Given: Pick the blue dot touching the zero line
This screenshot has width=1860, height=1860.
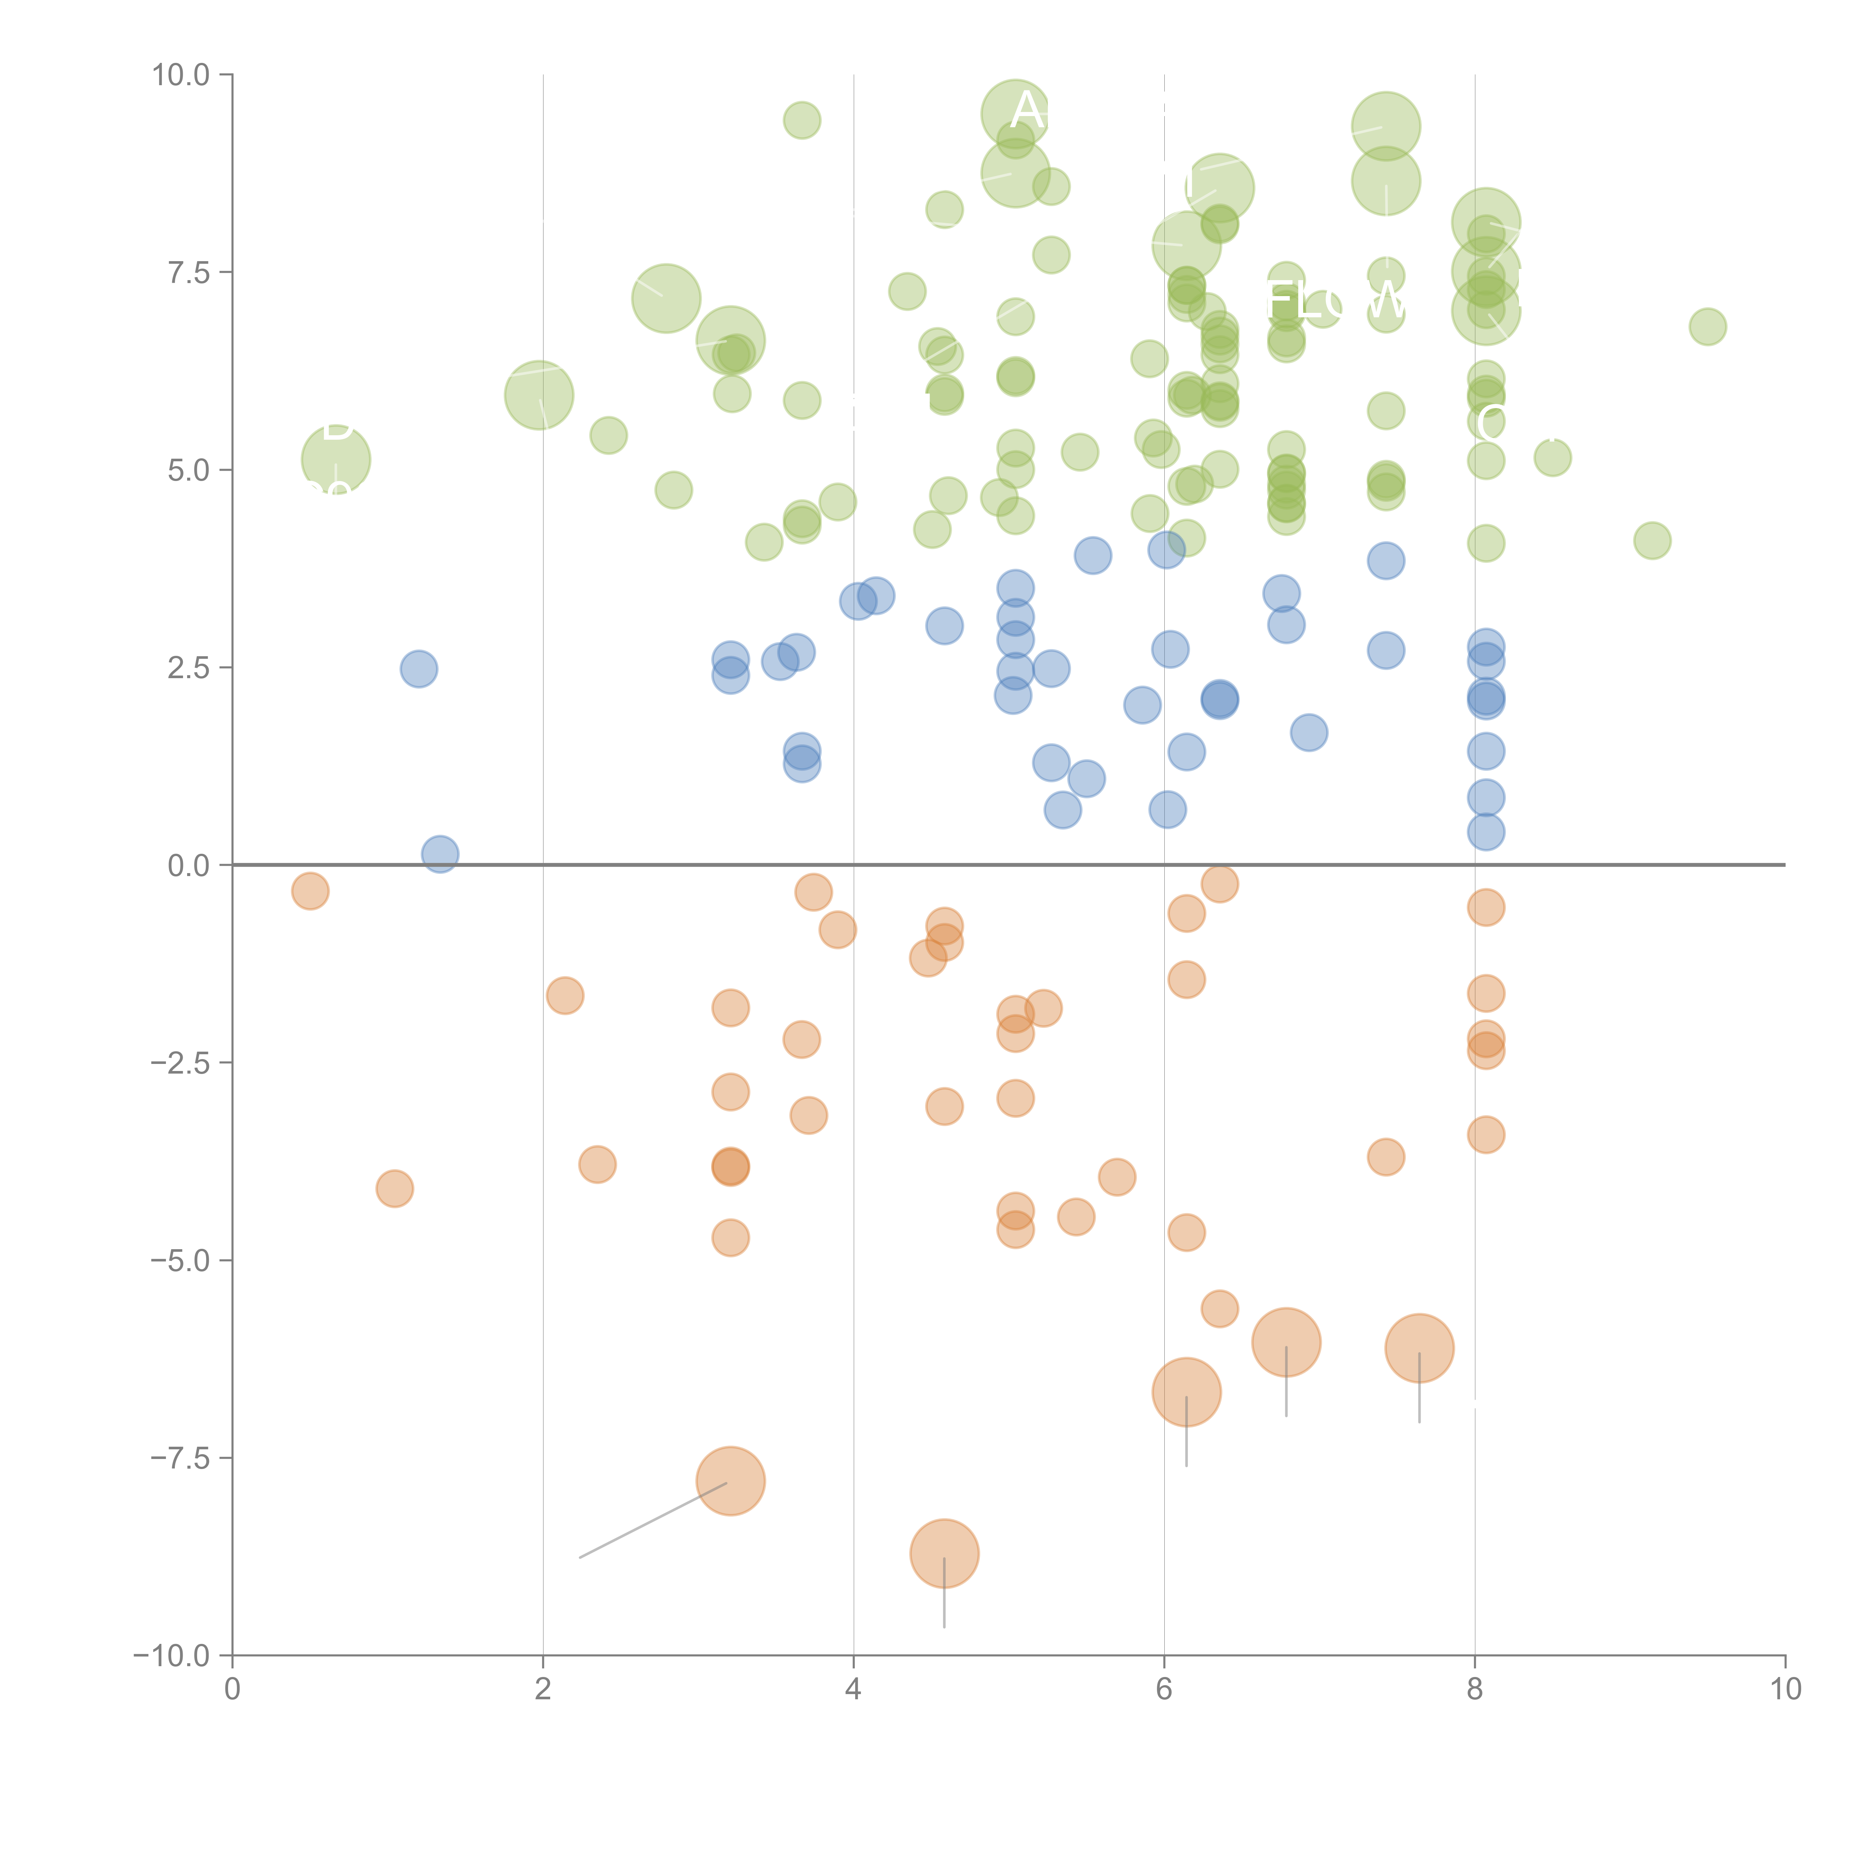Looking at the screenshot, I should click(x=440, y=854).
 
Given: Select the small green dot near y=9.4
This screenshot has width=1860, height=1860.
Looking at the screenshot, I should click(x=802, y=120).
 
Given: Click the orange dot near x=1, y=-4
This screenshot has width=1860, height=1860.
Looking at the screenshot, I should click(x=395, y=1189).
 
